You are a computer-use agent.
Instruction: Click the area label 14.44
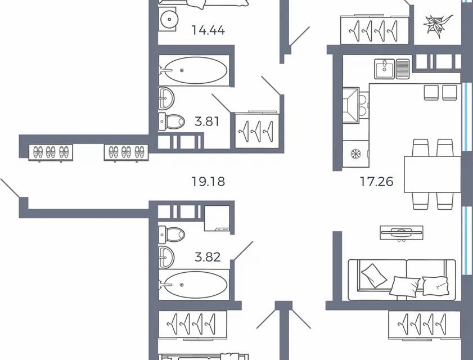(x=208, y=30)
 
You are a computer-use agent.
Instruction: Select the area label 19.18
(x=204, y=182)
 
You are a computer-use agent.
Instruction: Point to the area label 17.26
(x=376, y=182)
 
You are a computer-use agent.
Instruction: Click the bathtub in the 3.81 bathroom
(x=194, y=71)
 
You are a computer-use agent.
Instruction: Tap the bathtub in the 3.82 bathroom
(x=194, y=285)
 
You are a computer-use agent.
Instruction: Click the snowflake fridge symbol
(x=355, y=154)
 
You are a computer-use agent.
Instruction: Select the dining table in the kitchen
(x=432, y=174)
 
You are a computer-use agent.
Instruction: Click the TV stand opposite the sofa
(x=400, y=232)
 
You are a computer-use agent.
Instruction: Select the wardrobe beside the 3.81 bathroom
(x=256, y=130)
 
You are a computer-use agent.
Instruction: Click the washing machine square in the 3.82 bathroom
(x=217, y=219)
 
